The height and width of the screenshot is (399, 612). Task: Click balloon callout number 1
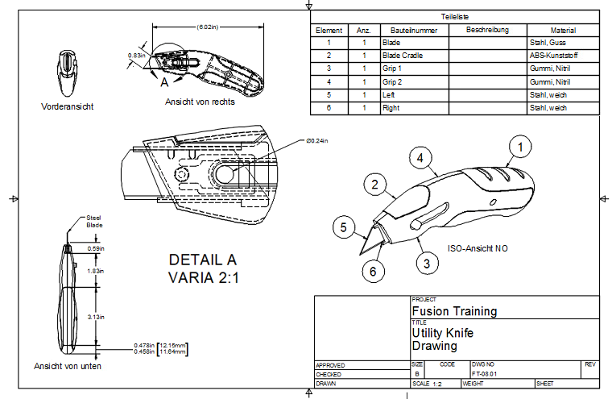coord(520,147)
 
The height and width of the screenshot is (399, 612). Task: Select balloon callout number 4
coord(420,158)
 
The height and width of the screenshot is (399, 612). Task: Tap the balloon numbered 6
coord(373,271)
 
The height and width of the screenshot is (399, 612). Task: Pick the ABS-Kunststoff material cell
coord(553,56)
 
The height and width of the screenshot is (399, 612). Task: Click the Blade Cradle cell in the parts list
coord(403,56)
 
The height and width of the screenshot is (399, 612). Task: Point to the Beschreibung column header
coord(487,30)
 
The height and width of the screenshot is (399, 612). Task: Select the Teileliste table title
coord(455,17)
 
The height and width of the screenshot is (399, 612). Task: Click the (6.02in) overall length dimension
coord(208,27)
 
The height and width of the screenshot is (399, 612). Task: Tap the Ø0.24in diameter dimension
coord(317,141)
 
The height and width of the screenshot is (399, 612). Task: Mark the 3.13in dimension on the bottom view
coord(96,317)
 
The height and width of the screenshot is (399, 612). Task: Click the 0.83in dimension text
coord(137,56)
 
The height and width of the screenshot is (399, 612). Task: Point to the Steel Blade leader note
coord(94,222)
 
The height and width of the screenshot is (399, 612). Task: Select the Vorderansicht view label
coord(67,106)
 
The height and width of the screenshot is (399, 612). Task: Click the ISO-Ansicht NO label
coord(478,248)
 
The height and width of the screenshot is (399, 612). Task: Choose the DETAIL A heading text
coord(203,260)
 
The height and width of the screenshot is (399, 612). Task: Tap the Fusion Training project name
coord(454,311)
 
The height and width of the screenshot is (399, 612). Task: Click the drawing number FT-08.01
coord(484,374)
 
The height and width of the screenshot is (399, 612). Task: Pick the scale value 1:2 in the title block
coord(437,384)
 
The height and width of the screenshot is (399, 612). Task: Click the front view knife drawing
coord(67,73)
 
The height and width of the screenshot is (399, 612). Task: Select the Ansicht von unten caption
coord(68,366)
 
